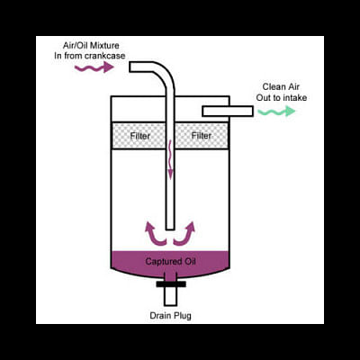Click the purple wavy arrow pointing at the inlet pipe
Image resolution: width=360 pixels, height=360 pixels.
(94, 67)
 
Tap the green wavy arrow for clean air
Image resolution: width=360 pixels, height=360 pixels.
(276, 112)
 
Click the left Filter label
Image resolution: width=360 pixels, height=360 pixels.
(140, 136)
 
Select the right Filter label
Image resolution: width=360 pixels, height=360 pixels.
(202, 136)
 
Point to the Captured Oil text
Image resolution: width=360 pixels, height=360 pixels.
(170, 261)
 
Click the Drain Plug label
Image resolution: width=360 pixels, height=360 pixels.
(170, 316)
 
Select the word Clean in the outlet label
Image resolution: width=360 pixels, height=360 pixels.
(274, 86)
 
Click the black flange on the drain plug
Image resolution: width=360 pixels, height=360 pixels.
(171, 283)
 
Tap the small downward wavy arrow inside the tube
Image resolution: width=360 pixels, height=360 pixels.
(170, 160)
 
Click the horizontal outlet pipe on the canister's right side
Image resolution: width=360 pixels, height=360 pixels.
(228, 112)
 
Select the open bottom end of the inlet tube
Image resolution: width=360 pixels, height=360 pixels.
(170, 229)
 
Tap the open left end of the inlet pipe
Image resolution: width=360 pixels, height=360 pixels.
(130, 67)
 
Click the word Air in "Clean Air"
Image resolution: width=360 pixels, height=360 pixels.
(293, 86)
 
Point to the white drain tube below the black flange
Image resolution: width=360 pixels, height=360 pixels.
(171, 296)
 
